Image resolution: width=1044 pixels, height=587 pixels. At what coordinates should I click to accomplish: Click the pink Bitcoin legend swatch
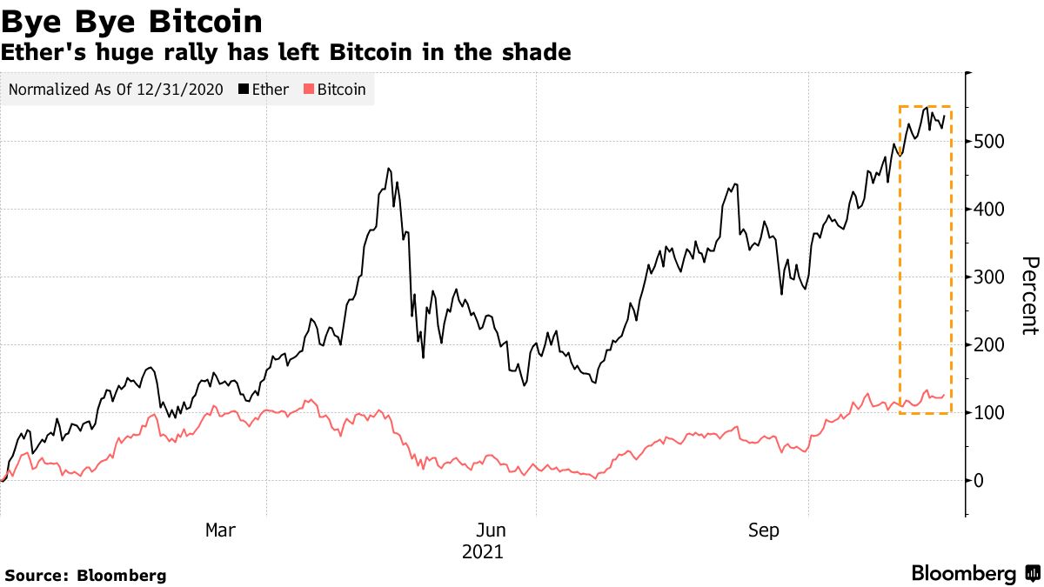(x=309, y=90)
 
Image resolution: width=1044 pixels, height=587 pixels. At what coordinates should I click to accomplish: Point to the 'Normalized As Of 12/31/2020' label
(x=116, y=90)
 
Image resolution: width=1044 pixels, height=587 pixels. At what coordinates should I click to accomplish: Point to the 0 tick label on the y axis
(x=980, y=481)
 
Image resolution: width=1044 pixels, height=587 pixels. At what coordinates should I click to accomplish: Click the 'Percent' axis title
(x=1029, y=296)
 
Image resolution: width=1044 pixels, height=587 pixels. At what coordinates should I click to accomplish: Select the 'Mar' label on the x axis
(x=219, y=530)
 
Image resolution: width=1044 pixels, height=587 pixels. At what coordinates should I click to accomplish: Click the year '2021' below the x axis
(x=482, y=552)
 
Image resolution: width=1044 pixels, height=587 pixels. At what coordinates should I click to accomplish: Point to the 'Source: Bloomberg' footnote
(x=85, y=576)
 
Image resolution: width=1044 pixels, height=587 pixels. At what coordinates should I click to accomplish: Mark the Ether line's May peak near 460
(x=388, y=169)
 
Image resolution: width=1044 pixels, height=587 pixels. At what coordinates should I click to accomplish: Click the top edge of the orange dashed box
(x=925, y=107)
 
